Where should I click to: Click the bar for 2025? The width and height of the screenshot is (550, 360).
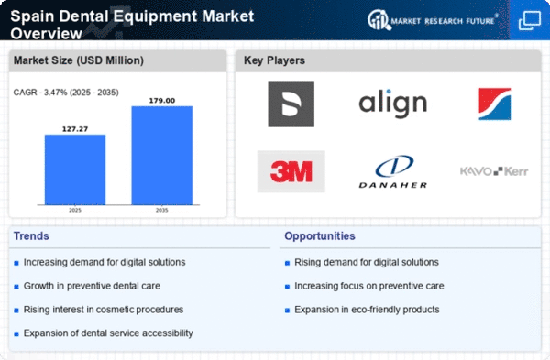(74, 169)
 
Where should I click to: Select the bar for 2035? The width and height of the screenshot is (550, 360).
(161, 155)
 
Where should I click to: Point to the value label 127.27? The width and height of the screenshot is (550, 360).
(74, 128)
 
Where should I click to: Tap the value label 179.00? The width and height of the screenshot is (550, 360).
(161, 99)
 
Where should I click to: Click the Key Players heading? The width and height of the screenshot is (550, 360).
(275, 61)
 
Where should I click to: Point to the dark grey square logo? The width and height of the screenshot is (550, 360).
(291, 104)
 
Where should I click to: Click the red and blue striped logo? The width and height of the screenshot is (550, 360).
(494, 104)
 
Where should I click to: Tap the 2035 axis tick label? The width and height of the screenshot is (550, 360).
(161, 209)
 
